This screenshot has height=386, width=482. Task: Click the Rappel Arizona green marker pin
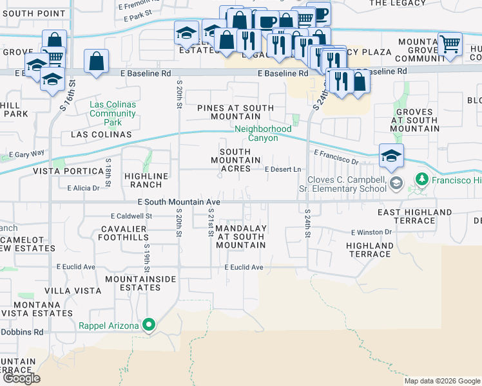pyautogui.click(x=149, y=326)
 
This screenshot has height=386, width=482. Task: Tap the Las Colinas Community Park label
pyautogui.click(x=113, y=113)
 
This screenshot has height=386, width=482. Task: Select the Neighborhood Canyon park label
pyautogui.click(x=263, y=134)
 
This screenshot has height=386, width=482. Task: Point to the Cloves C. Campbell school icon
pyautogui.click(x=397, y=184)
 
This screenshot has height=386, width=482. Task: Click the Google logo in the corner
pyautogui.click(x=21, y=378)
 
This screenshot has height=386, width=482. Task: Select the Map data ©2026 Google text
pyautogui.click(x=441, y=381)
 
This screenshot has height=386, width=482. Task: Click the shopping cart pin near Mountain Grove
pyautogui.click(x=449, y=44)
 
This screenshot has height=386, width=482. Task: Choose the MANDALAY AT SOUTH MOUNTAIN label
pyautogui.click(x=241, y=237)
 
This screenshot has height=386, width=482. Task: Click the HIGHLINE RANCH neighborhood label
pyautogui.click(x=146, y=180)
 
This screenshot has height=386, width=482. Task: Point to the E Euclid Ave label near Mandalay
pyautogui.click(x=244, y=267)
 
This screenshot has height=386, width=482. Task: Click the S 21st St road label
pyautogui.click(x=211, y=222)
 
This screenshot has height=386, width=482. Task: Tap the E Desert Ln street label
pyautogui.click(x=284, y=169)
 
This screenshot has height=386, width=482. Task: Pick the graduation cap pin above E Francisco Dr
pyautogui.click(x=391, y=155)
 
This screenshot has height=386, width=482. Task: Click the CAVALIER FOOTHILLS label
pyautogui.click(x=125, y=232)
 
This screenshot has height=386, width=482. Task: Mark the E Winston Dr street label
pyautogui.click(x=371, y=232)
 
